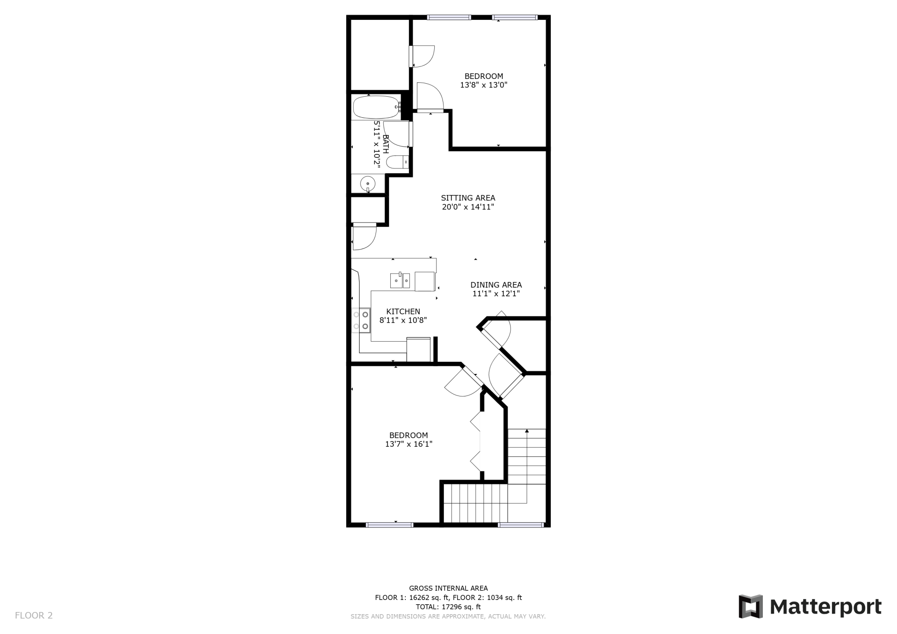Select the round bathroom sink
[367, 184]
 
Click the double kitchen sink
[400, 280]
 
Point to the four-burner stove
[361, 320]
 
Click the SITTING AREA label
[468, 198]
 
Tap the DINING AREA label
[496, 285]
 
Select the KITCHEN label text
[403, 311]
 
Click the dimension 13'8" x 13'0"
[483, 85]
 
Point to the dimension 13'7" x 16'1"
[408, 444]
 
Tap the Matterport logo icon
[750, 606]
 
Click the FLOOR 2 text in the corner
[34, 615]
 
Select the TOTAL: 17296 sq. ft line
[448, 607]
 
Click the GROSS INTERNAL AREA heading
[448, 588]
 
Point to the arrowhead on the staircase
[527, 431]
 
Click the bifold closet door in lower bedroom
[476, 441]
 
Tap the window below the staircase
[521, 525]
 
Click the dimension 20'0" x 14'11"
[468, 207]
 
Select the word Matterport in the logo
[825, 607]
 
